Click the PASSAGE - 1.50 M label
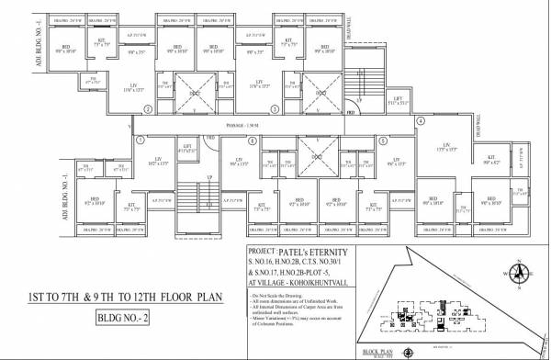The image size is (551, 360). pos(249,124)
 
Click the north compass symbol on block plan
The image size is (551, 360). pos(519,272)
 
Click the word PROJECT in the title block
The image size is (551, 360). pos(264,251)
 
